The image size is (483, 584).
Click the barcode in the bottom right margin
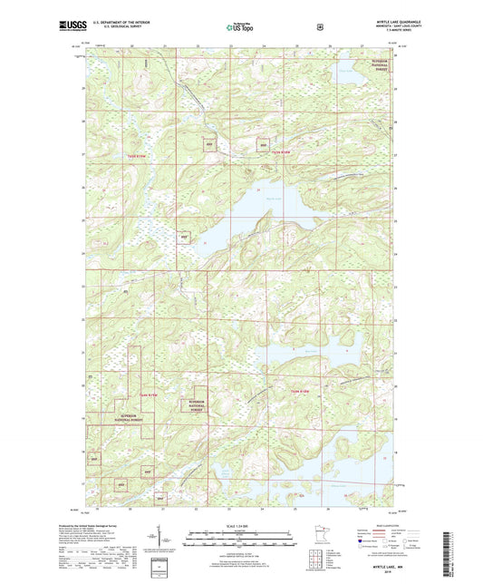coord(450,553)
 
